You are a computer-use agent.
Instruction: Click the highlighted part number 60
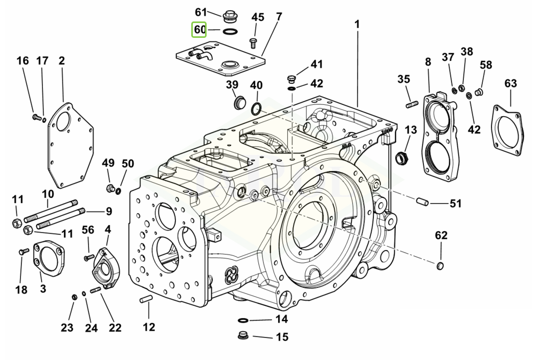(x=199, y=30)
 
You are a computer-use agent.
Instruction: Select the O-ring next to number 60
(x=230, y=31)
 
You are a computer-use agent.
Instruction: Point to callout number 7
(x=278, y=17)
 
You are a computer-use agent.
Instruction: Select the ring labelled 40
(x=257, y=108)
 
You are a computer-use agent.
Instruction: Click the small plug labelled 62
(x=440, y=265)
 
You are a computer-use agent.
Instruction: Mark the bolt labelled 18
(x=23, y=251)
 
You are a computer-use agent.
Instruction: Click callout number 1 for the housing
(x=356, y=24)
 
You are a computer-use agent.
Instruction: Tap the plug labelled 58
(x=479, y=92)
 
